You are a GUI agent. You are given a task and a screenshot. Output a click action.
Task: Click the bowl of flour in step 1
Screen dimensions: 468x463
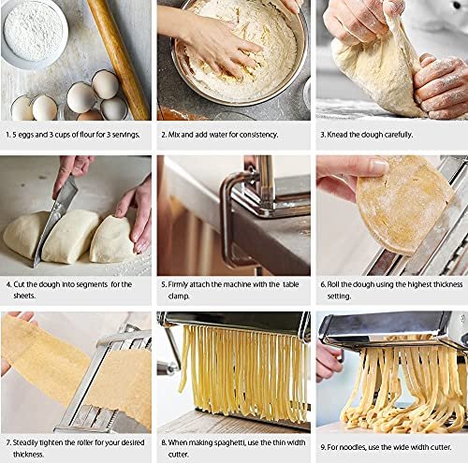[x=35, y=33]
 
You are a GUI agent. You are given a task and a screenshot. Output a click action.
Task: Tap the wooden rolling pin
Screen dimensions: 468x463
[x=119, y=58]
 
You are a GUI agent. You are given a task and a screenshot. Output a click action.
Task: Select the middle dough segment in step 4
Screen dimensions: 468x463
[x=70, y=236]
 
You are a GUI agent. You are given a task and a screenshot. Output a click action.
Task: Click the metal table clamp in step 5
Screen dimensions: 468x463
[x=237, y=218]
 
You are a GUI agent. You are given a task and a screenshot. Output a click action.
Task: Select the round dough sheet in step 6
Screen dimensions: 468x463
[x=404, y=204]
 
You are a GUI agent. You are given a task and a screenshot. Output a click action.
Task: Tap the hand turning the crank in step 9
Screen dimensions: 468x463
[x=328, y=362]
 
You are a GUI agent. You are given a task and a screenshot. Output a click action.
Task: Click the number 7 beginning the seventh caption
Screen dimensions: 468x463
[x=8, y=442]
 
